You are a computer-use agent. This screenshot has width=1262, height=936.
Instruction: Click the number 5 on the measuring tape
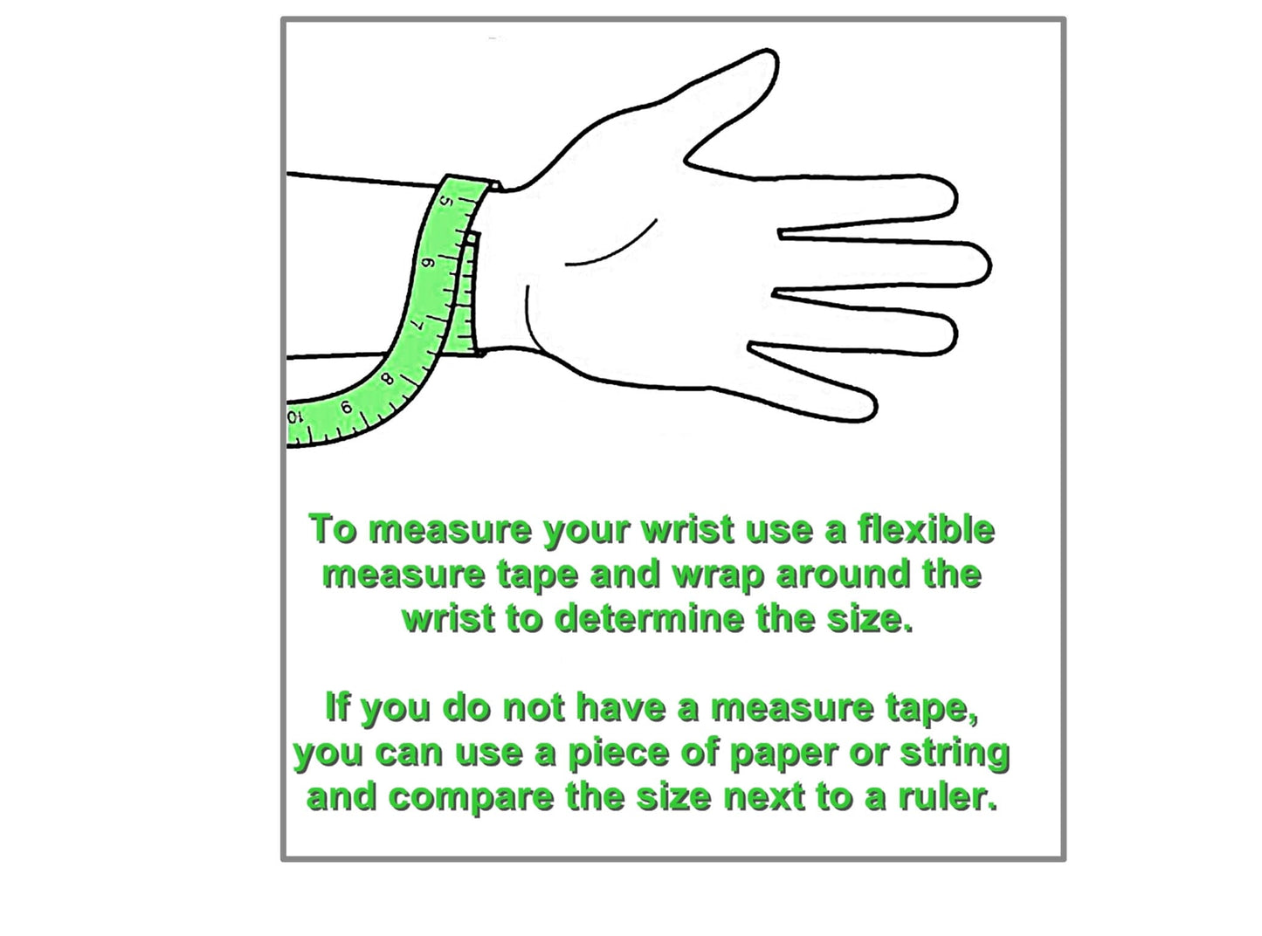[446, 202]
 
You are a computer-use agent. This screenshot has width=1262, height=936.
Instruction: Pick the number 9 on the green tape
[346, 408]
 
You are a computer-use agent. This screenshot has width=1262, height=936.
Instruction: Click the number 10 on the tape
[293, 417]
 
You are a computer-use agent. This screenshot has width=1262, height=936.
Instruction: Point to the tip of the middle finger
[990, 265]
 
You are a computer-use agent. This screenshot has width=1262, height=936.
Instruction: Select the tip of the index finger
[955, 196]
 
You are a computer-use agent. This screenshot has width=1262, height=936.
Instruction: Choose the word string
[955, 754]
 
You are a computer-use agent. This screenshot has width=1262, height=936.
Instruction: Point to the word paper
[785, 755]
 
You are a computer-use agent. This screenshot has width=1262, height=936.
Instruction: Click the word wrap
[719, 575]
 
